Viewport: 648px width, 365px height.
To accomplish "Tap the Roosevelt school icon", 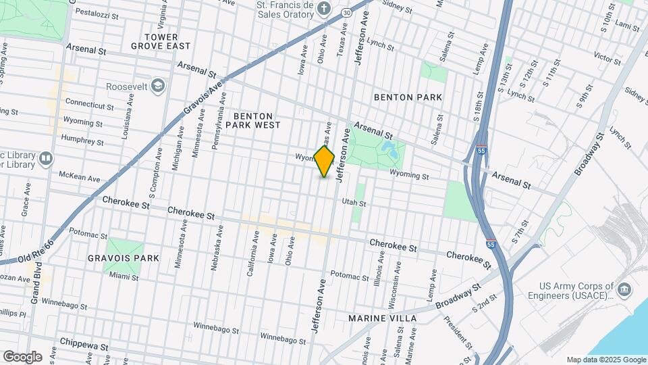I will (158, 86).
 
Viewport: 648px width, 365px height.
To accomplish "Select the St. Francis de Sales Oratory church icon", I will (324, 9).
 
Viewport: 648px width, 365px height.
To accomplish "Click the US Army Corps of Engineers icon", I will (624, 290).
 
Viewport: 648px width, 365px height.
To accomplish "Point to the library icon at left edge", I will (45, 159).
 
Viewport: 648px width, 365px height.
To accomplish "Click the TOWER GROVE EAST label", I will (161, 41).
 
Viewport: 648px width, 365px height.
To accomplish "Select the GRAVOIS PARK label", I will (123, 258).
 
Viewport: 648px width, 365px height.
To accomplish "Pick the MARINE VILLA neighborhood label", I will (382, 318).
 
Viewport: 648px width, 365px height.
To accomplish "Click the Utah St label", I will (353, 203).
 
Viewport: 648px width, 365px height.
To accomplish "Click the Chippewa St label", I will (84, 344).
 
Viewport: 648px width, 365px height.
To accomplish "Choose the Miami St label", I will (124, 277).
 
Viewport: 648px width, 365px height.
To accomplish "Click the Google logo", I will (22, 356).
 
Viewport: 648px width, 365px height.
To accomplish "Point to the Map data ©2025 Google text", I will (605, 360).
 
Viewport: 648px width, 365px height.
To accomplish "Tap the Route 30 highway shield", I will (346, 12).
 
